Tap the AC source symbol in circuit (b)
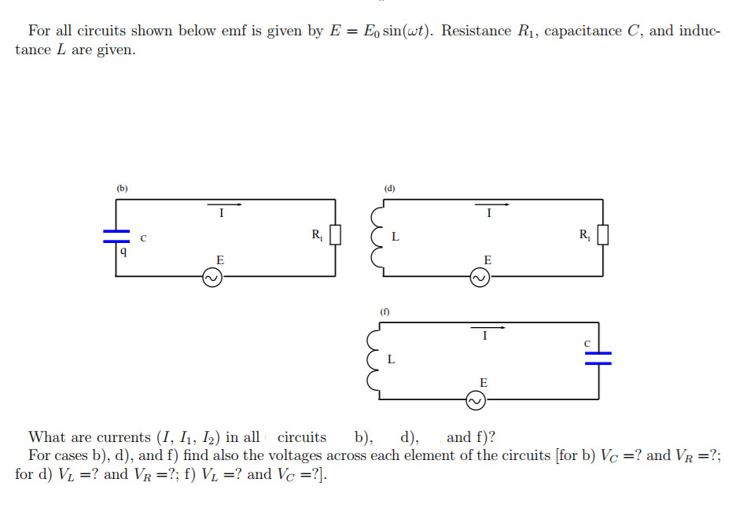(212, 277)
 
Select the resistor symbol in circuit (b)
(336, 234)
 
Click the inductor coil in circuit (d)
(378, 236)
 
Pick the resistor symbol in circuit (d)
(603, 234)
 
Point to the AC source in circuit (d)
(480, 277)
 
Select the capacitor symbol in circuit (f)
(598, 358)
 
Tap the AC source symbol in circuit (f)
(476, 401)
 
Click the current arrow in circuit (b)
(224, 204)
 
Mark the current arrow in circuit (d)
(491, 204)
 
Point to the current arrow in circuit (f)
(487, 328)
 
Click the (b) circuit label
(122, 189)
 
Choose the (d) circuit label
(389, 189)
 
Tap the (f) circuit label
(385, 312)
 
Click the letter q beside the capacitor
(123, 252)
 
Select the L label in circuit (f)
(391, 360)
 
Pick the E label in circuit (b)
(220, 259)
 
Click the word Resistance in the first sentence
(476, 31)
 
